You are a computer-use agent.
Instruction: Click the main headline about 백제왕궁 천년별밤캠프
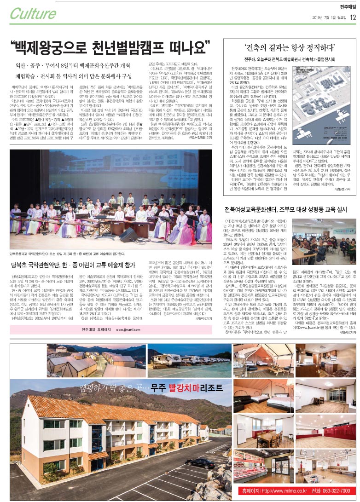[110, 46]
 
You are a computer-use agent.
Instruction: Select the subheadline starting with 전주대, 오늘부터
[289, 59]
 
